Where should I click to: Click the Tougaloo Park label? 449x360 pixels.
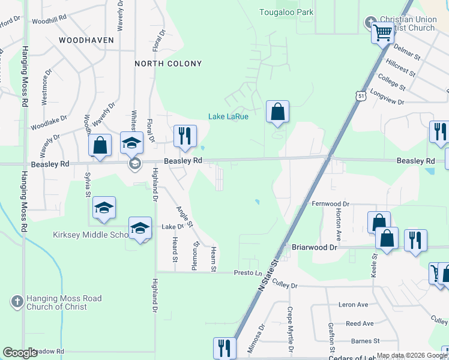coord(286,12)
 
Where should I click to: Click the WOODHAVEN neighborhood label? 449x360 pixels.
coord(86,40)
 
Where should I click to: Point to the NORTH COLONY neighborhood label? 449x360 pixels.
coord(168,64)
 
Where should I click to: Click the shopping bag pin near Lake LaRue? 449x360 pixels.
coord(277,112)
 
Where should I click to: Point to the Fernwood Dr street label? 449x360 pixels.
coord(330,204)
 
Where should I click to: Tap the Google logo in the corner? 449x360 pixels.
coord(20,353)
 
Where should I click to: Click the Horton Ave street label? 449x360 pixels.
coord(339,225)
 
